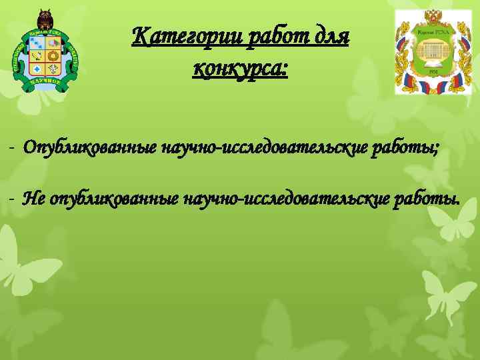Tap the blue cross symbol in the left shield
[37, 68]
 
